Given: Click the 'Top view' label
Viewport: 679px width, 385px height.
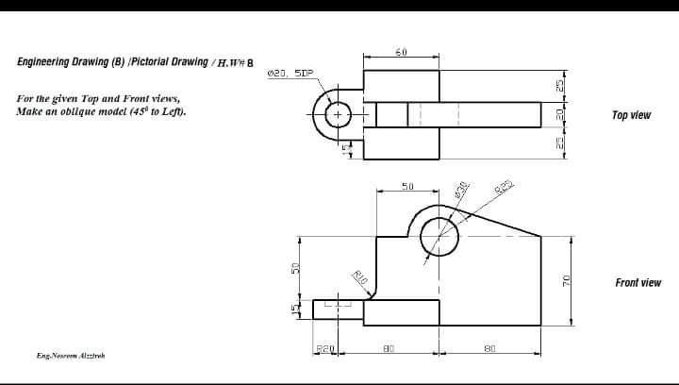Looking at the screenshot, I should click(631, 115).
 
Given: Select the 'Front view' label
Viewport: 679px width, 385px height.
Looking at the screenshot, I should click(638, 282).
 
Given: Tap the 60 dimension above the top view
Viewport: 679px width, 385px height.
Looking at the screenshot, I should click(401, 52).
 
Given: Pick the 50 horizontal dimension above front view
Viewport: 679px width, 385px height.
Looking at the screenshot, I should click(407, 187).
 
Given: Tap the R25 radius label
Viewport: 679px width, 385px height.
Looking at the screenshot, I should click(504, 185).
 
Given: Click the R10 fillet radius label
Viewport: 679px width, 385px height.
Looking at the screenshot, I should click(359, 277).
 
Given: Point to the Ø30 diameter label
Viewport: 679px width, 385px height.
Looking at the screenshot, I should click(462, 189).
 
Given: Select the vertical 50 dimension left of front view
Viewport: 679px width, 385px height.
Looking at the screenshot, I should click(292, 269).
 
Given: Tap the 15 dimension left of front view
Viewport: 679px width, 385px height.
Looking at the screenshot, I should click(293, 310).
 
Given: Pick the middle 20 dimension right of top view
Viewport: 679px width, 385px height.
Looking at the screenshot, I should click(559, 115).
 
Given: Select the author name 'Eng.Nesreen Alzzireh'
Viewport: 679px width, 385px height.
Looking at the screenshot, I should click(71, 356).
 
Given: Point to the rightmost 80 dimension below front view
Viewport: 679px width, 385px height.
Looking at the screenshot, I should click(489, 349).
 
